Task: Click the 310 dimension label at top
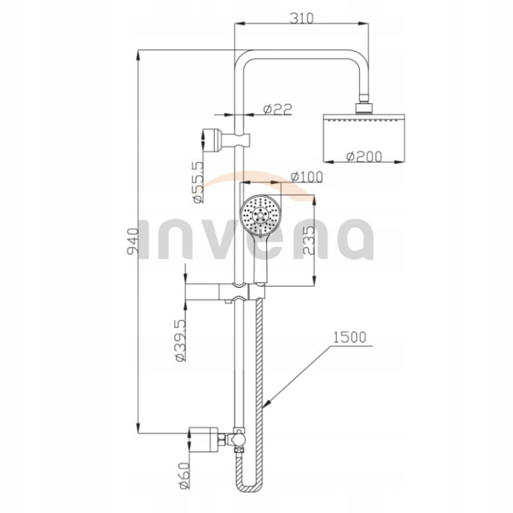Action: pyautogui.click(x=302, y=18)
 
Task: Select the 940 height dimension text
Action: pyautogui.click(x=133, y=241)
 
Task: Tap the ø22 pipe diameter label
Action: pyautogui.click(x=278, y=109)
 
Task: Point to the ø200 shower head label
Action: pyautogui.click(x=364, y=157)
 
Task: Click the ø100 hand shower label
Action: pyautogui.click(x=306, y=176)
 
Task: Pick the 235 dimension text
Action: pyautogui.click(x=308, y=241)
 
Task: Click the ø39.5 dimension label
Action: pyautogui.click(x=181, y=340)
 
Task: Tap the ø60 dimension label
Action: pyautogui.click(x=183, y=475)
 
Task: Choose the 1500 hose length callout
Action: pyautogui.click(x=350, y=338)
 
